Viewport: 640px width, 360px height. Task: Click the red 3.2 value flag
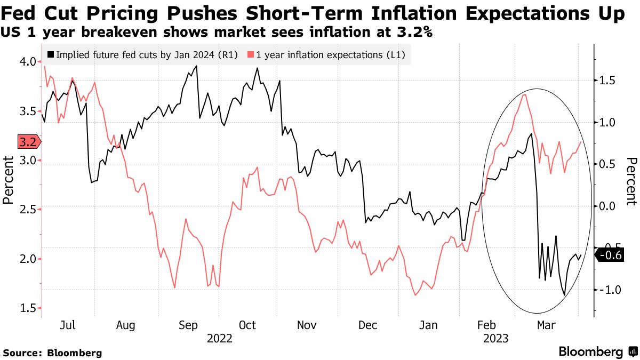(27, 142)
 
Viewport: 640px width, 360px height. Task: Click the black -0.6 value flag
(608, 255)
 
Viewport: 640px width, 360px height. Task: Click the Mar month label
(546, 325)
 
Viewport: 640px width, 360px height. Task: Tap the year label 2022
(219, 338)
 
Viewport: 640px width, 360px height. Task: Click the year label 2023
(494, 338)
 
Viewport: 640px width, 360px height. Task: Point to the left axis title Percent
(8, 180)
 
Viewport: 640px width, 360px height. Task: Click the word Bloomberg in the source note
(75, 353)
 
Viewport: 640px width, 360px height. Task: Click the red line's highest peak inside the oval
(525, 95)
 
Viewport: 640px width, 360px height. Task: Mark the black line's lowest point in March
(564, 294)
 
